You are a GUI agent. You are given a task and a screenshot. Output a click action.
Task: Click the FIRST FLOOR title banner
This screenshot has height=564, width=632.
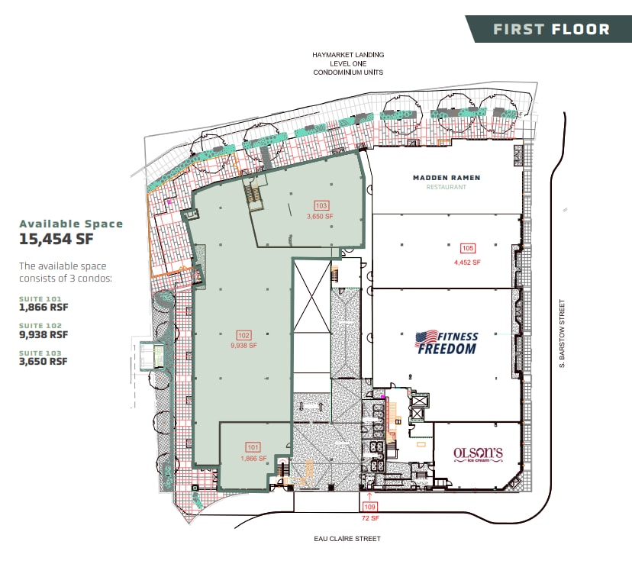point(551,30)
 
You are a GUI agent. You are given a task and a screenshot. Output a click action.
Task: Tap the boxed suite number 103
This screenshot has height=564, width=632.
point(321,205)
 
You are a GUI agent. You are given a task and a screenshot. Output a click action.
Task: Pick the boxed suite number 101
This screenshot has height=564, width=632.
point(253,447)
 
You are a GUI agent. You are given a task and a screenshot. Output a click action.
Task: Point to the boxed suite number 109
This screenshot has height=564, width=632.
point(370,507)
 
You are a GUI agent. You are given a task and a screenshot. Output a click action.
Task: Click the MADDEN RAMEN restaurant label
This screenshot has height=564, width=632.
point(447,178)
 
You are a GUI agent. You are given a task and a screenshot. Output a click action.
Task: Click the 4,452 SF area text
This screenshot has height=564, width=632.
point(466,262)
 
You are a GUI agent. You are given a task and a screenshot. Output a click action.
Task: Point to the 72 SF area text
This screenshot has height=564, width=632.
point(369,518)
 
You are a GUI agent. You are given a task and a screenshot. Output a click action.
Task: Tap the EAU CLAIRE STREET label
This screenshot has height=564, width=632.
point(347,539)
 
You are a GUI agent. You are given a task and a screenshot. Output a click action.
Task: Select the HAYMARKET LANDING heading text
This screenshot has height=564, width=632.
point(348,56)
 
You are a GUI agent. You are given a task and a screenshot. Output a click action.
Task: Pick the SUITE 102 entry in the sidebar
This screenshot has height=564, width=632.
point(42,326)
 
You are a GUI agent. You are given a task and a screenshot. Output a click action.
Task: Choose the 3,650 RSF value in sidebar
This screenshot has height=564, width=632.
point(44,361)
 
